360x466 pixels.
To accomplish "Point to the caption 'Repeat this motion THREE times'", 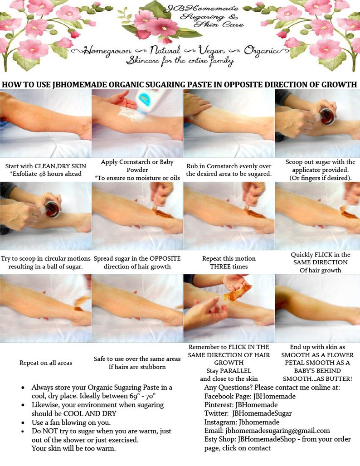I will pos(229,262).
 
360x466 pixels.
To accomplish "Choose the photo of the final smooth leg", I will pos(317,308).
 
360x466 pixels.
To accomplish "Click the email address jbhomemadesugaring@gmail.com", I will pos(267,431).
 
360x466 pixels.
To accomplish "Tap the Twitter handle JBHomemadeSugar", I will pos(262,413).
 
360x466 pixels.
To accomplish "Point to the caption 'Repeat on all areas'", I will pos(45,363).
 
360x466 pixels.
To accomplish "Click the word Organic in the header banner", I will pos(261,50).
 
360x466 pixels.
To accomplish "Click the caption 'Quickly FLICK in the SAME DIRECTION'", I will pos(320,262).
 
